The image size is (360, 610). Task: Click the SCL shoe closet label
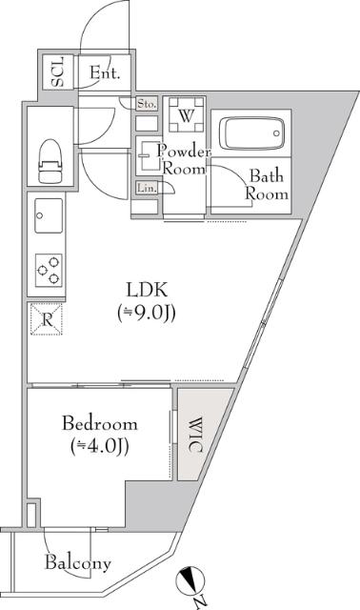(58, 73)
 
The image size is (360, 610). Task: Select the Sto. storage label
(147, 103)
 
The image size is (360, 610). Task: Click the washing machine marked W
(186, 117)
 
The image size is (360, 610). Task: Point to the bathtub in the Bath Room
(252, 132)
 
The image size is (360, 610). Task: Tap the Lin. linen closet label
(147, 188)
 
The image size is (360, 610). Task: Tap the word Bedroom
(100, 423)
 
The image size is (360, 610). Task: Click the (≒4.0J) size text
(100, 446)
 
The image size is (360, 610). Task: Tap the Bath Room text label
(266, 184)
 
